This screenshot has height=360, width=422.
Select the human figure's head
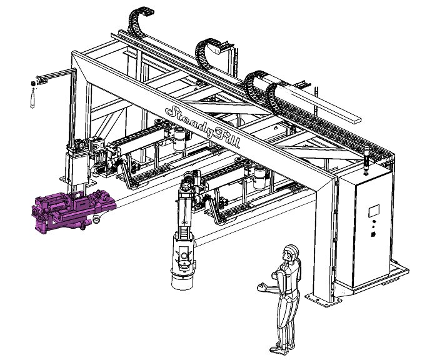pyautogui.click(x=291, y=252)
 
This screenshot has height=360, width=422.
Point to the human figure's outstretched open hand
pyautogui.click(x=262, y=287)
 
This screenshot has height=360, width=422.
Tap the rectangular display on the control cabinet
pyautogui.click(x=374, y=211)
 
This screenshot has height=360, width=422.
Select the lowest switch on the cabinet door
pyautogui.click(x=373, y=234)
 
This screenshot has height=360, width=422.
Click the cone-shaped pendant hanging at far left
pyautogui.click(x=33, y=99)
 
